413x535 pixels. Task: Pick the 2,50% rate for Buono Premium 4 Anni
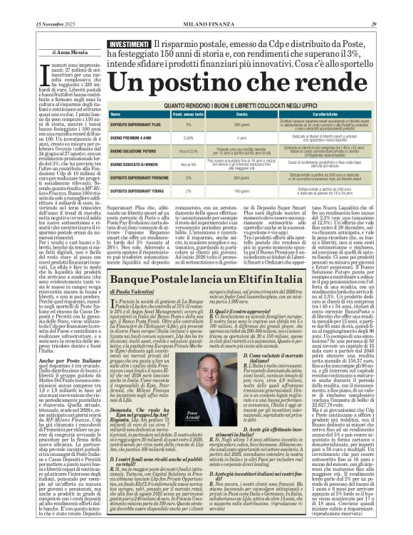[189, 137]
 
